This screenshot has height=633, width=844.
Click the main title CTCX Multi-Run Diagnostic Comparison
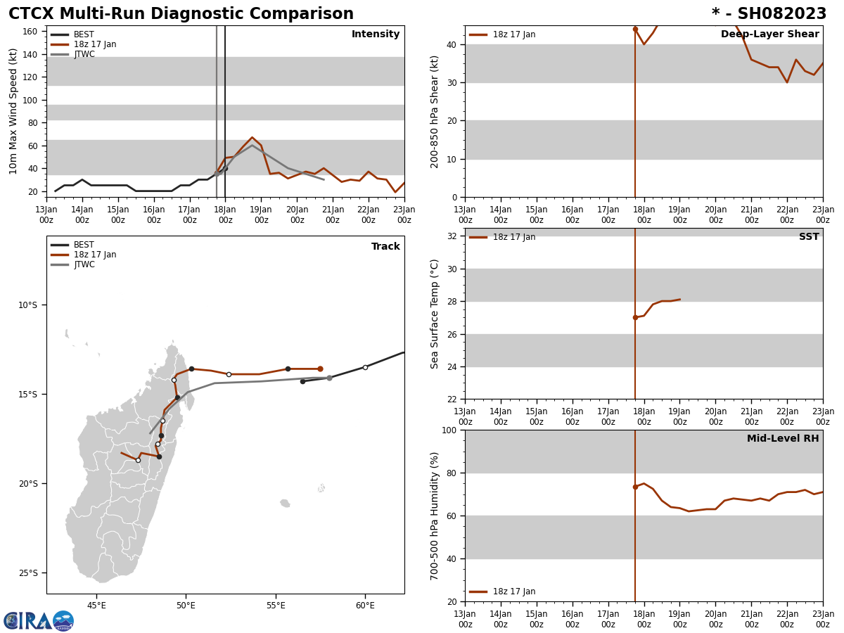(181, 14)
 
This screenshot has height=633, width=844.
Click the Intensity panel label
(376, 34)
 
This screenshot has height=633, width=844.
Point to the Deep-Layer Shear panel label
(769, 34)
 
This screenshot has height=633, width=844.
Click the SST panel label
(809, 237)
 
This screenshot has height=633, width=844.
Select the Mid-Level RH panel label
(783, 439)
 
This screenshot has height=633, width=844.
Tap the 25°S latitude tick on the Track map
(27, 573)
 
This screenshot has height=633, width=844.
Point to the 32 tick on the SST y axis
(453, 236)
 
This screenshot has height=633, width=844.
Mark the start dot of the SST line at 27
(635, 317)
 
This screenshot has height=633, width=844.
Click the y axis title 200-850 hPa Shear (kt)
(435, 111)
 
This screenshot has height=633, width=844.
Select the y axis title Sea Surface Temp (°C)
(435, 314)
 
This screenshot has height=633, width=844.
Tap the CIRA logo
(39, 621)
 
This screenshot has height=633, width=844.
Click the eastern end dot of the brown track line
(320, 369)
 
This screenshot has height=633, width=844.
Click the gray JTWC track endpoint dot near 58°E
(329, 378)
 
